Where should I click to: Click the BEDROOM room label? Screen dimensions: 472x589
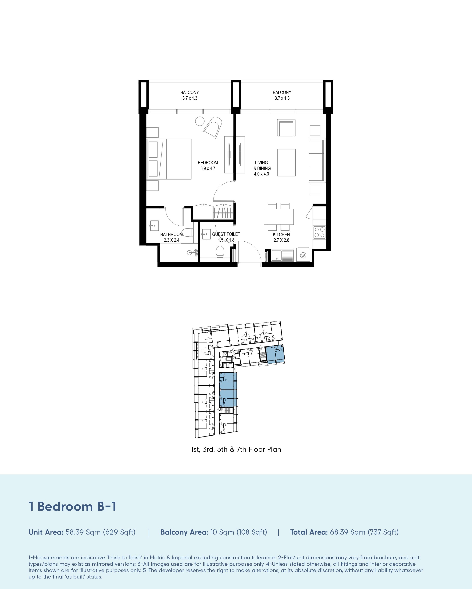pos(208,163)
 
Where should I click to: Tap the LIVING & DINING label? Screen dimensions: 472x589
pos(262,165)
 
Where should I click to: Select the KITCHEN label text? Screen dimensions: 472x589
pos(281,234)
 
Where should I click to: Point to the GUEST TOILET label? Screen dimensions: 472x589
pos(226,234)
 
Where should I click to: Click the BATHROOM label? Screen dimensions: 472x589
pos(171,234)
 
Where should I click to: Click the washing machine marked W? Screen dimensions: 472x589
pos(303,255)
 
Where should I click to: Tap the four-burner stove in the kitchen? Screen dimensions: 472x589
pos(319,232)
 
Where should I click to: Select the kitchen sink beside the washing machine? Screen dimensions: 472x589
pos(282,255)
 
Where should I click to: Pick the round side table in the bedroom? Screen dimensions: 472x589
pos(200,121)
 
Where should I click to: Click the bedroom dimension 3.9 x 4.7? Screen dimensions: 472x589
pos(208,168)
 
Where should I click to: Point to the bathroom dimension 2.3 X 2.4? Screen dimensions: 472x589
pos(171,240)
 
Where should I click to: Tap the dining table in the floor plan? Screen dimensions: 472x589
pos(278,217)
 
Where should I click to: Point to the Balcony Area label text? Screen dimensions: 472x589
pos(185,532)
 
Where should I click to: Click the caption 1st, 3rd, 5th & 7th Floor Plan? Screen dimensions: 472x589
pos(236,449)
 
